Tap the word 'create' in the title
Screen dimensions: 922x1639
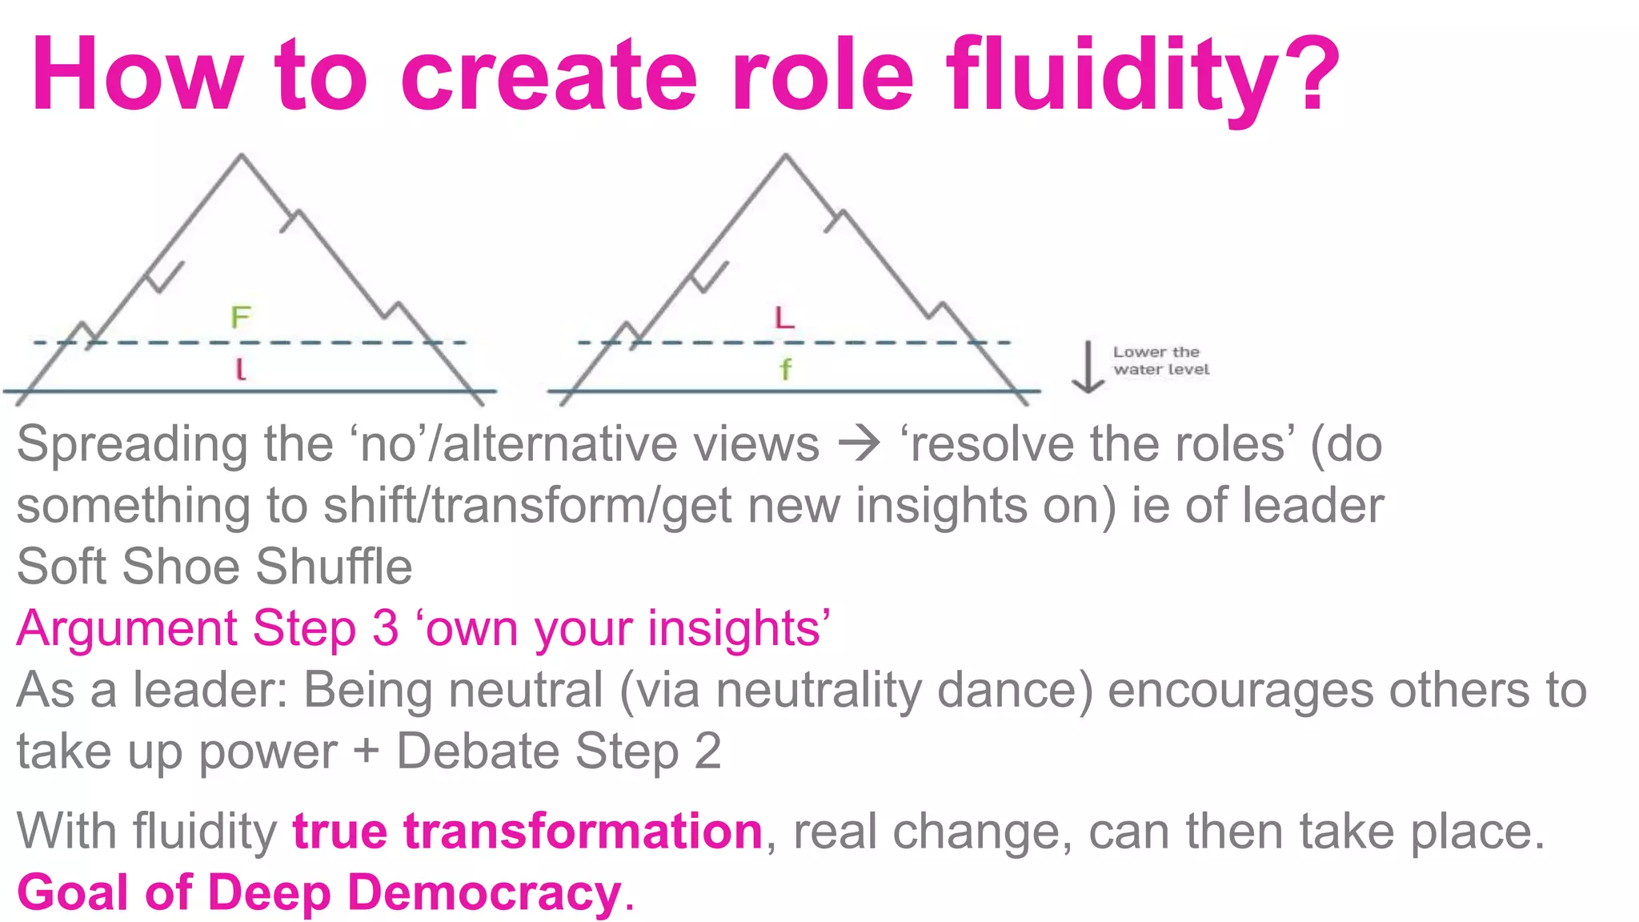pos(549,76)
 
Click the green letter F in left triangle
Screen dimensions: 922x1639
pos(240,318)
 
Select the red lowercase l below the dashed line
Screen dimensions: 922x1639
pos(240,369)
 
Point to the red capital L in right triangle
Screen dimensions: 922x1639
pos(784,318)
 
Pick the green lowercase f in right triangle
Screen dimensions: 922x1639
pos(785,369)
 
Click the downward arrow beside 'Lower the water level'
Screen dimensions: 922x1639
pos(1088,367)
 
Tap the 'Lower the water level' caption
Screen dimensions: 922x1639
pos(1160,360)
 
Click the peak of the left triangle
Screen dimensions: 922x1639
pos(242,156)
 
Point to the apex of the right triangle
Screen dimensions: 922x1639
pos(785,156)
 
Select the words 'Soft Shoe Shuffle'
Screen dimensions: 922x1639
pos(214,567)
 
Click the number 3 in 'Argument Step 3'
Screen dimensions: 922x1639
pos(385,628)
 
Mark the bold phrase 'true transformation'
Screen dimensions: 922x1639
pos(527,831)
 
